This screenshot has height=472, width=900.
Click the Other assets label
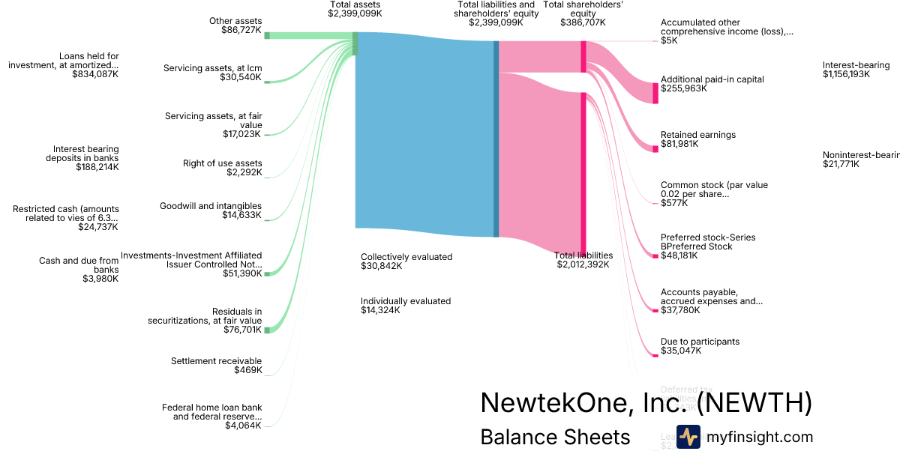pyautogui.click(x=235, y=21)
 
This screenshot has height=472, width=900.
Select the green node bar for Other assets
pyautogui.click(x=267, y=35)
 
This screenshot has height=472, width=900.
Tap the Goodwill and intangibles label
pyautogui.click(x=211, y=206)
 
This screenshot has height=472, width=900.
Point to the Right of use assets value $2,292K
pyautogui.click(x=244, y=172)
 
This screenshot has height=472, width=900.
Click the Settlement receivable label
pyautogui.click(x=217, y=361)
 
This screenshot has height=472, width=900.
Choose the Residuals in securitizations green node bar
pyautogui.click(x=267, y=330)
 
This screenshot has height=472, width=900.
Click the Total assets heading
pyautogui.click(x=355, y=4)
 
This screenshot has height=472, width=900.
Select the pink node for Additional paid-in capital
pyautogui.click(x=655, y=93)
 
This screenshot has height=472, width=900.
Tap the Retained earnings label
pyautogui.click(x=697, y=135)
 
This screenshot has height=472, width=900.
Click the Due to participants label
pyautogui.click(x=700, y=342)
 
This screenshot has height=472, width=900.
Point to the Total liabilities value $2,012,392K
pyautogui.click(x=583, y=264)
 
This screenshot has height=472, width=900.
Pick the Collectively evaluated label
pyautogui.click(x=406, y=257)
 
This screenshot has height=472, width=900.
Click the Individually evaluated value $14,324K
pyautogui.click(x=380, y=310)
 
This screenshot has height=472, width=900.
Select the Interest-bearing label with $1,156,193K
pyautogui.click(x=856, y=65)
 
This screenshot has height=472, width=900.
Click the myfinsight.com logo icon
pyautogui.click(x=688, y=437)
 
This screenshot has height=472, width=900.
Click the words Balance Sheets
pyautogui.click(x=555, y=437)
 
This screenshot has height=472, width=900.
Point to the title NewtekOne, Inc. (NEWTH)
pyautogui.click(x=646, y=403)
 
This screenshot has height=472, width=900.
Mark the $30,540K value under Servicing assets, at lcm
pyautogui.click(x=241, y=77)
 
